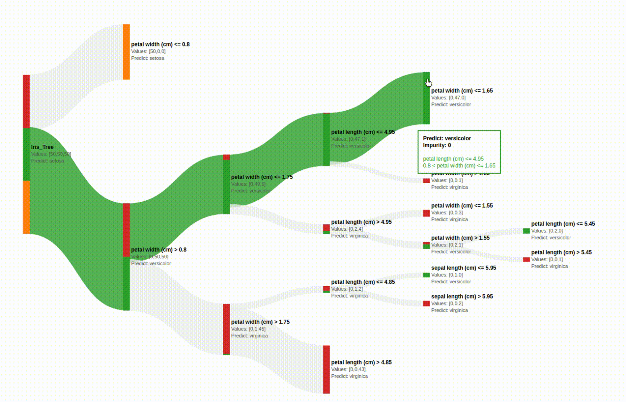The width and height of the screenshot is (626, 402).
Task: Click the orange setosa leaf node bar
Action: click(126, 52)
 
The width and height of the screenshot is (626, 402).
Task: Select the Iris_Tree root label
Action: click(42, 147)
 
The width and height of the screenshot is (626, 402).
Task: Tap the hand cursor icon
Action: click(428, 83)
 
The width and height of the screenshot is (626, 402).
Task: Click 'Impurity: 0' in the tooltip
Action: click(437, 145)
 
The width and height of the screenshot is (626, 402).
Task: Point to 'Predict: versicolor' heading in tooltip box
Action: click(447, 138)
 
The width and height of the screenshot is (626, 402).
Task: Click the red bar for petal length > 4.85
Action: click(326, 369)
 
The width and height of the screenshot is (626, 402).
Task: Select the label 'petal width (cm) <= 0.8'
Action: click(160, 44)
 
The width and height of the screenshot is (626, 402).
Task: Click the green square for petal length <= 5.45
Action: click(526, 231)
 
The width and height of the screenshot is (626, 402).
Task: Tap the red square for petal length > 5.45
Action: click(526, 260)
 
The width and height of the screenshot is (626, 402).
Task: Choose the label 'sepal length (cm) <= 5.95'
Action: click(463, 268)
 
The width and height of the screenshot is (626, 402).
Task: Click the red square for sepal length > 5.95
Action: click(426, 303)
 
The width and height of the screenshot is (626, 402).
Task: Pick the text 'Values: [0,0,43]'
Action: click(348, 369)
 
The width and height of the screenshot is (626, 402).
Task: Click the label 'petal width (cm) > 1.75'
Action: click(260, 322)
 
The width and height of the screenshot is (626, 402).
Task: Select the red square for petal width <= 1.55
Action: click(426, 213)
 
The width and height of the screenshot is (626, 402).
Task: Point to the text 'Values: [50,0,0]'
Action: click(148, 51)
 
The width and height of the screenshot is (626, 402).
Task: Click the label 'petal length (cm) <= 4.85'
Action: click(363, 282)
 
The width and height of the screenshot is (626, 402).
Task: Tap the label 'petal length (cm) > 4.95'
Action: click(361, 222)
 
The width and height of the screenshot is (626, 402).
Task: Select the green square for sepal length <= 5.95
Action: click(426, 275)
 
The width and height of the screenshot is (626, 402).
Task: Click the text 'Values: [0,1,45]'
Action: click(248, 329)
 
